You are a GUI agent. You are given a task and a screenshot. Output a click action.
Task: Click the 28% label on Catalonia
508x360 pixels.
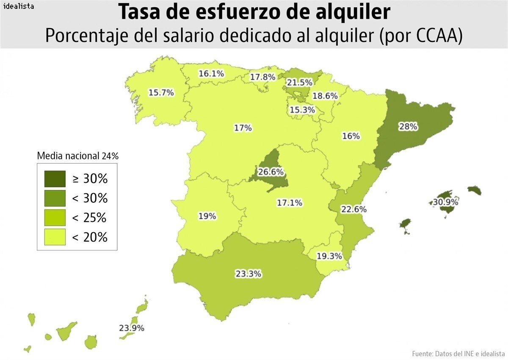pyautogui.click(x=408, y=126)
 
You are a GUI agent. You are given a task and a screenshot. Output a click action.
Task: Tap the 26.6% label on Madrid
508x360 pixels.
pyautogui.click(x=271, y=172)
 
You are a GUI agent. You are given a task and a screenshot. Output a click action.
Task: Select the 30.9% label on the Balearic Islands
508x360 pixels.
pyautogui.click(x=445, y=202)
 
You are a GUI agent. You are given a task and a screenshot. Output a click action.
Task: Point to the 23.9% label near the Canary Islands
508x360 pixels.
pyautogui.click(x=132, y=328)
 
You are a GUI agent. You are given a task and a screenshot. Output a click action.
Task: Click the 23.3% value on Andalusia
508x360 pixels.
pyautogui.click(x=248, y=274)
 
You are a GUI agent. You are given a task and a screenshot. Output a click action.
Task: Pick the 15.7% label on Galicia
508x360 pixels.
pyautogui.click(x=161, y=93)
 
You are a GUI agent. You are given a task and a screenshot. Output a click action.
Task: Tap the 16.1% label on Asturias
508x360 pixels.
pyautogui.click(x=211, y=74)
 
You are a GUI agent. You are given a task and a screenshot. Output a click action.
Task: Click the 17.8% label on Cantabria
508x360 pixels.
pyautogui.click(x=262, y=77)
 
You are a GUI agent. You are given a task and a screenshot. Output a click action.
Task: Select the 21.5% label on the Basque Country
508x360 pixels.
pyautogui.click(x=299, y=82)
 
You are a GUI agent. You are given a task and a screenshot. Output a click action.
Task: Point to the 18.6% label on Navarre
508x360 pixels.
pyautogui.click(x=325, y=96)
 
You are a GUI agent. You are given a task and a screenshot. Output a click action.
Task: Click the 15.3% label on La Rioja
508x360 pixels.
pyautogui.click(x=302, y=110)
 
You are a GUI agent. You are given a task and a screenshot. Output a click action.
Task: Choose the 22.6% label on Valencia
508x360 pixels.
pyautogui.click(x=354, y=209)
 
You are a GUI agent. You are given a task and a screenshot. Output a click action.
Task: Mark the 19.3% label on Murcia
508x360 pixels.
pyautogui.click(x=329, y=256)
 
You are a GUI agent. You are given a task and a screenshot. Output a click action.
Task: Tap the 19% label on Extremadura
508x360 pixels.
pyautogui.click(x=207, y=216)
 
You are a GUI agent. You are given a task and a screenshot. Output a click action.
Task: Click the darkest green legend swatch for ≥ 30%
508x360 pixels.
pyautogui.click(x=55, y=179)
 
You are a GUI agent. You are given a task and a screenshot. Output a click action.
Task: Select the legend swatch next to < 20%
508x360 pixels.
pyautogui.click(x=55, y=237)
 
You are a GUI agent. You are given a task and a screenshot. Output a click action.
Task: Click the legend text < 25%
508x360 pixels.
pyautogui.click(x=90, y=218)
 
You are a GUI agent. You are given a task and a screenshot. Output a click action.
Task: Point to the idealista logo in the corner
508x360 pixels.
pyautogui.click(x=18, y=6)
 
